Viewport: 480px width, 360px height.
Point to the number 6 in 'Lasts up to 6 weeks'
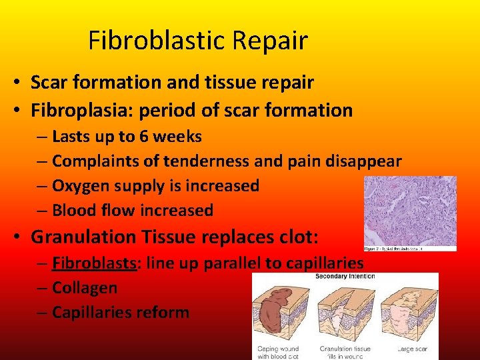pos(144,137)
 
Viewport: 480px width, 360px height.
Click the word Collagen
pos(85,288)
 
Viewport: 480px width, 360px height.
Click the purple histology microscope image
pos(409,210)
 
